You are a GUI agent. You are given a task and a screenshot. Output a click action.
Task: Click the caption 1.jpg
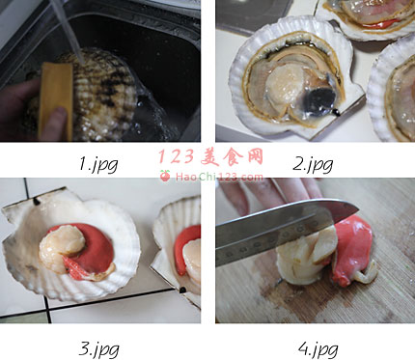[x=98, y=163]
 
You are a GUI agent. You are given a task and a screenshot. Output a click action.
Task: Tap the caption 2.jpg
[x=313, y=164]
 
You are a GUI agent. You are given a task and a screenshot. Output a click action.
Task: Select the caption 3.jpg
[x=98, y=348]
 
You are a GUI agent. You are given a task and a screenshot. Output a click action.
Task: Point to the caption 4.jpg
[x=318, y=348]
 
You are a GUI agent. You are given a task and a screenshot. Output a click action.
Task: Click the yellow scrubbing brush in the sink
[x=56, y=101]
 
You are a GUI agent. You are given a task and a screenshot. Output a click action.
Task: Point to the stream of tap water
[x=67, y=31]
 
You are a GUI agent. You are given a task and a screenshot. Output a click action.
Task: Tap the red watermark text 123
[x=177, y=156]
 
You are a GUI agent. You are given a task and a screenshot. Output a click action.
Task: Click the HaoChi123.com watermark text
[x=219, y=177]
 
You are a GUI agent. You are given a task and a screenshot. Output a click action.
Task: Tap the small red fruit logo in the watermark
[x=165, y=176]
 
